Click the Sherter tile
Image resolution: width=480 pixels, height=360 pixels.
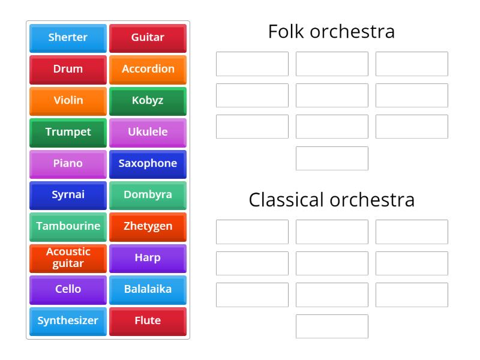68,38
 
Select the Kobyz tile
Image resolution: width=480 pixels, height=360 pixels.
148,101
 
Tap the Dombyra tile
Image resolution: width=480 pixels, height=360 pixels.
148,195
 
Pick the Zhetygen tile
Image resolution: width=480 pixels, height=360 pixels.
148,226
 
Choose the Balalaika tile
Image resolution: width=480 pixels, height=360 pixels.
148,289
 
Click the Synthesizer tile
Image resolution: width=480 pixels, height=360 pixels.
68,321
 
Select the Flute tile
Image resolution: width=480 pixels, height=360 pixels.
148,321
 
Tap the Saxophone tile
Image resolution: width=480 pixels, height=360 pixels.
148,164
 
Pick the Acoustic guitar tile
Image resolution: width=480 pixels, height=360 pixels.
68,258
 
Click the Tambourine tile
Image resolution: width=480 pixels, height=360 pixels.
68,226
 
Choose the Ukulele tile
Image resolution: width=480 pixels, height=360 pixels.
148,132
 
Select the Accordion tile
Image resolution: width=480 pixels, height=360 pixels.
148,69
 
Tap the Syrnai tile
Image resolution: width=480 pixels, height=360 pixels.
68,195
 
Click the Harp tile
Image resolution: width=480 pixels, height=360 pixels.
148,258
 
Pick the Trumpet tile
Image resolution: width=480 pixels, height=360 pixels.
68,132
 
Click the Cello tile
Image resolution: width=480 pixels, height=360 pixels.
68,289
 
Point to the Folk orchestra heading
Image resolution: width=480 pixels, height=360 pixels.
331,31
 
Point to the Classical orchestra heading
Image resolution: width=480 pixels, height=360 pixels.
331,199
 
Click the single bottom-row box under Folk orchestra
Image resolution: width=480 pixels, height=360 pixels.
332,158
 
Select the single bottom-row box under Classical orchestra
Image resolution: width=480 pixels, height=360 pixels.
332,326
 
